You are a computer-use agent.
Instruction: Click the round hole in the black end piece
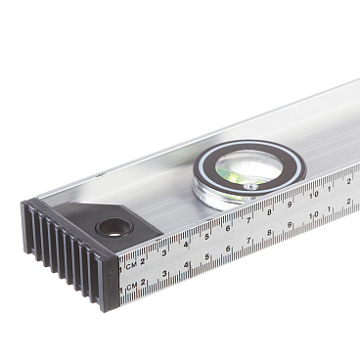tap(114, 227)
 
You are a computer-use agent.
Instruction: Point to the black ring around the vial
tap(249, 167)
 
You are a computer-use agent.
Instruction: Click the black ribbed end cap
tap(70, 252)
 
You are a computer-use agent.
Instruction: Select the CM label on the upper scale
tap(131, 266)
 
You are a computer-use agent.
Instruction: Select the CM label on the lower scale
tap(131, 287)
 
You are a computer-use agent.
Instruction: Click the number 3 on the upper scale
tap(164, 252)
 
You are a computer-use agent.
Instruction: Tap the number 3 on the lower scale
tap(164, 273)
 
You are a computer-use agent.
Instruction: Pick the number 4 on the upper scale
tap(186, 244)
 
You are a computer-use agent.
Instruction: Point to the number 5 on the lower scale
tap(206, 257)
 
